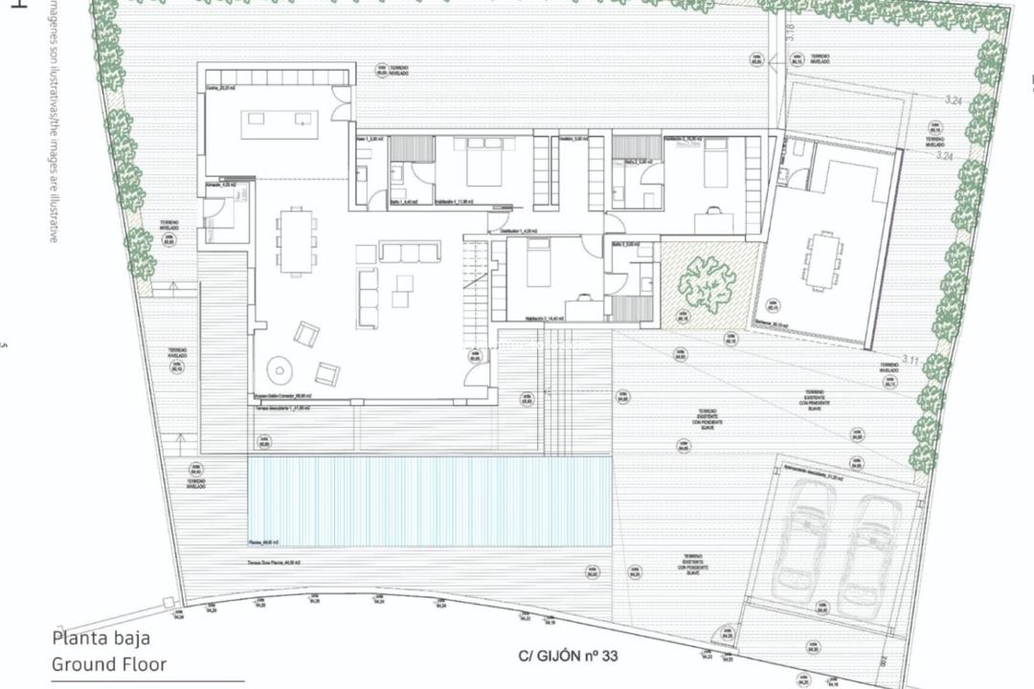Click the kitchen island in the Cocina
[280, 120]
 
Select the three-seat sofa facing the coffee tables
[411, 252]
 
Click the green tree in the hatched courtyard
[708, 282]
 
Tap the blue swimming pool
[429, 500]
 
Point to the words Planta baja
[101, 639]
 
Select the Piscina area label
[263, 542]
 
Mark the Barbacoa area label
[772, 326]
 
